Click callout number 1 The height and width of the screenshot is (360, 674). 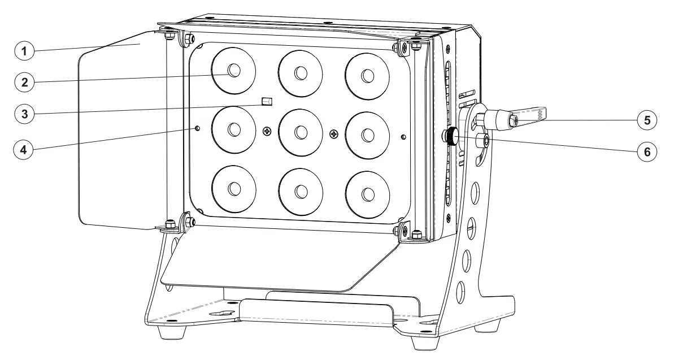24,51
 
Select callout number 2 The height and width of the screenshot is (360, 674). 24,81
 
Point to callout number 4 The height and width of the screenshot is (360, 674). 24,150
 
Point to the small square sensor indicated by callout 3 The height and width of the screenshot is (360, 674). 267,102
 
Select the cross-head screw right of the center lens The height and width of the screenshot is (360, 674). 334,134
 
